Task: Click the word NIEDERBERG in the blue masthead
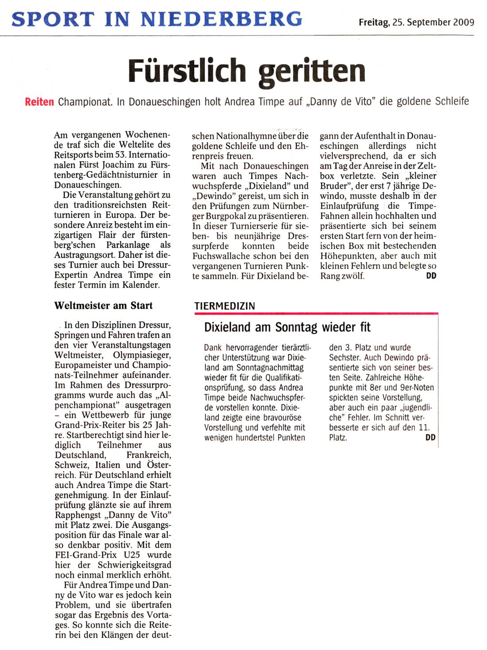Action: point(221,19)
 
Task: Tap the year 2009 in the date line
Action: point(463,22)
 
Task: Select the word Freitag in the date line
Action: point(374,22)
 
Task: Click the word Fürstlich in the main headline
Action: point(186,71)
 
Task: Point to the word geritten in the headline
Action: point(312,71)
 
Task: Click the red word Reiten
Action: point(39,102)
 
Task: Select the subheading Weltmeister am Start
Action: point(103,305)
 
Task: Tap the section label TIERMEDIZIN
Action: point(224,306)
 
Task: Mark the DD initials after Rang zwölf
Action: point(431,276)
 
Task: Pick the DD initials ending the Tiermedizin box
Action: point(430,437)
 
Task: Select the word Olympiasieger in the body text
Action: point(142,355)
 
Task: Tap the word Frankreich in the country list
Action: point(149,455)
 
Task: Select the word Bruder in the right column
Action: point(335,186)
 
